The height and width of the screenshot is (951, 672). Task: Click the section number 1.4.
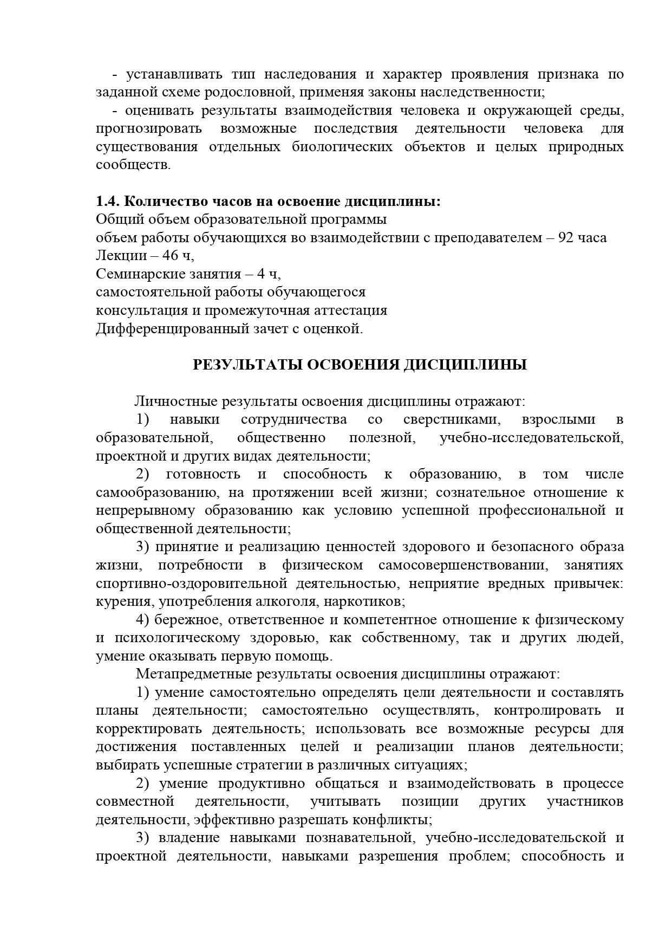[x=108, y=202]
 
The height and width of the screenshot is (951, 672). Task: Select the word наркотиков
[x=370, y=601]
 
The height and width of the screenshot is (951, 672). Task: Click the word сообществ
[x=133, y=165]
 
